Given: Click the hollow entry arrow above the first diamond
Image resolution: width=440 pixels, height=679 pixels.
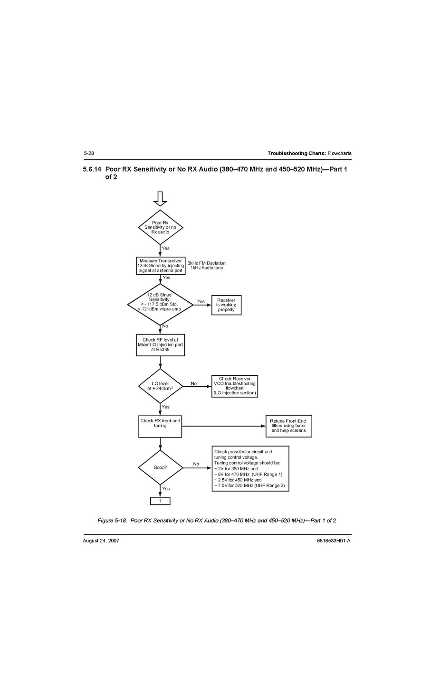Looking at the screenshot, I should coord(160,198).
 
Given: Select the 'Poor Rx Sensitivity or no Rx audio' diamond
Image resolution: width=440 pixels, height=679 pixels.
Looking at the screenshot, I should coord(160,227).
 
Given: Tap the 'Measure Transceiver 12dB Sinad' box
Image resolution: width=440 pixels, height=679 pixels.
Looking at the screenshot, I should coord(161,266).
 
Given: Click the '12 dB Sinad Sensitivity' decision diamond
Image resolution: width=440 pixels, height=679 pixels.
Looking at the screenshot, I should coord(160,305).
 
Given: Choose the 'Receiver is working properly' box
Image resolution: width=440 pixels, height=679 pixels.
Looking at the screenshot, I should coord(226,305).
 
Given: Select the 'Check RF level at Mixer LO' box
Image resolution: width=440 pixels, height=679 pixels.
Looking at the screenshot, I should coord(160,345).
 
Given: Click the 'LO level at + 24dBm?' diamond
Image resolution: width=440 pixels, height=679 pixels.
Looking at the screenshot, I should coord(160,386).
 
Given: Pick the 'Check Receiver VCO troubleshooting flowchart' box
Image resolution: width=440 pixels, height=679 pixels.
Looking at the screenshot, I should coord(235,386).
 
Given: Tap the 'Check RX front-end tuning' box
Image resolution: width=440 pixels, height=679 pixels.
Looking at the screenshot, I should coord(160,426).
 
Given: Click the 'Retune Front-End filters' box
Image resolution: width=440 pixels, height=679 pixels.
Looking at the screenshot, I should coord(288,426).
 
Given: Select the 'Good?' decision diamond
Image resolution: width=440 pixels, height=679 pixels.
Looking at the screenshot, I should coord(160,467).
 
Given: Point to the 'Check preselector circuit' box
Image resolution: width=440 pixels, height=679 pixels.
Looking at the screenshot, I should coord(250,468).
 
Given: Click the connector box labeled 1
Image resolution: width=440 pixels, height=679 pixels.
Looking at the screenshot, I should coord(160,501).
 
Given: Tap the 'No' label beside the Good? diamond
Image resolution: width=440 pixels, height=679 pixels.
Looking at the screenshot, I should coord(196,464).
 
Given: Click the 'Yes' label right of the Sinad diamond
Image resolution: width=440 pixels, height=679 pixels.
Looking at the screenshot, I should coord(201,301).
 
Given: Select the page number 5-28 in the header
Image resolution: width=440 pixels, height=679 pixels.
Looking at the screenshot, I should coord(88,153).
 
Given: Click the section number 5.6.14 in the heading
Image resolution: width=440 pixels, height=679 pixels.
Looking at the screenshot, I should coord(92,169).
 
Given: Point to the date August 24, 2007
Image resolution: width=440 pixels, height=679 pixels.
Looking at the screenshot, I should coord(101,540).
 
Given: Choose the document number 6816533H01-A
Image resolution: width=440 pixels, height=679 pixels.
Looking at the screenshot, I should coord(334,540).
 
